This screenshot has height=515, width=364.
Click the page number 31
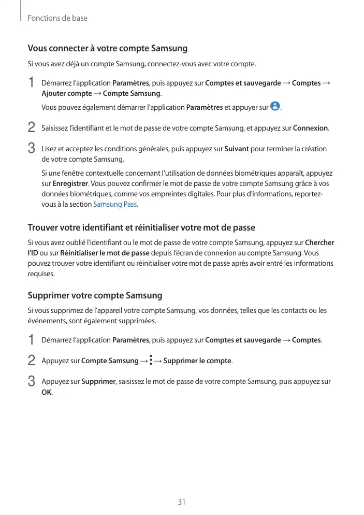(x=182, y=502)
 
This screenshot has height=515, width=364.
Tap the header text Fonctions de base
(x=57, y=18)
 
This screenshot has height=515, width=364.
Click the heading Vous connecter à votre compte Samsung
(x=107, y=49)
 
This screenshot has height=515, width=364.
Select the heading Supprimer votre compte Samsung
(x=95, y=295)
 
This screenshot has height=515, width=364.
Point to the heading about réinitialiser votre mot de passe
(x=141, y=227)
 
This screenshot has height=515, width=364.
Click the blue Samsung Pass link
(x=115, y=204)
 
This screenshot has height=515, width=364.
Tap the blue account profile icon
(x=275, y=107)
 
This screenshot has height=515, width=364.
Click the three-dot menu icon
(x=150, y=360)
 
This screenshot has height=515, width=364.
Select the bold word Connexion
(x=311, y=128)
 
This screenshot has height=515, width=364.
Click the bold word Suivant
(x=237, y=149)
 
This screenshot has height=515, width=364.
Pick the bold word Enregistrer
(x=70, y=183)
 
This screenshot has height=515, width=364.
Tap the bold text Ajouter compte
(x=66, y=93)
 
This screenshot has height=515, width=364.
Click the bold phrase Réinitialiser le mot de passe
(x=105, y=253)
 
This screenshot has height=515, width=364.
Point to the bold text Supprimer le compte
(x=197, y=361)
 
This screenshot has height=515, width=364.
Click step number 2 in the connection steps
(x=31, y=127)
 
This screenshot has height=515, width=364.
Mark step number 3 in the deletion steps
(x=31, y=381)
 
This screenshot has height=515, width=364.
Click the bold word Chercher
(x=319, y=242)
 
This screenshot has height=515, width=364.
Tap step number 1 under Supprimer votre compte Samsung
(x=31, y=339)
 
